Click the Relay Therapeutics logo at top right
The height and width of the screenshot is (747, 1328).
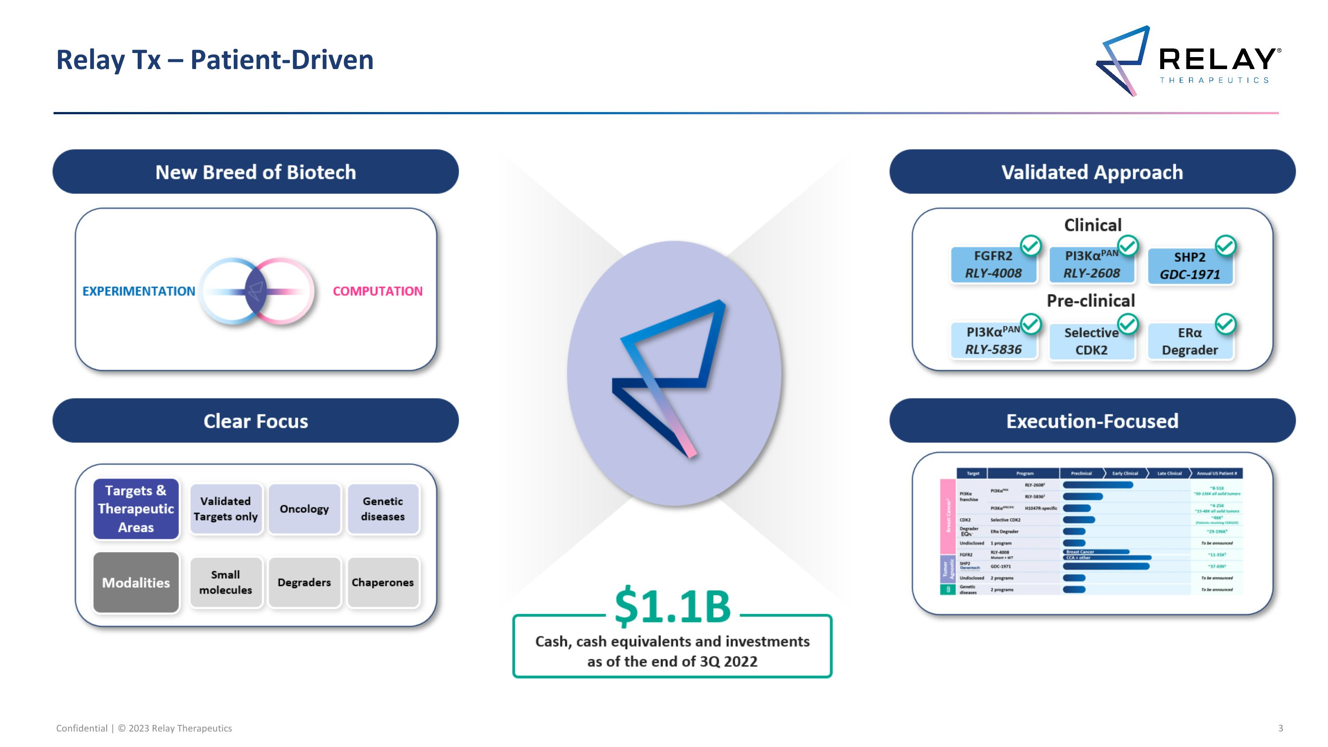[x=1188, y=61]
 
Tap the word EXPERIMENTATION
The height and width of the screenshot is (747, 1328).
[x=139, y=291]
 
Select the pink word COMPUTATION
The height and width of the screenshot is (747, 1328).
[x=377, y=291]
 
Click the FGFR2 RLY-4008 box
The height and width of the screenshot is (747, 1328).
[x=993, y=265]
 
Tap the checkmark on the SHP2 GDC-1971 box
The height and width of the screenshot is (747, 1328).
[x=1225, y=246]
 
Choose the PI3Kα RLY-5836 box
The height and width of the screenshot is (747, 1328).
[x=993, y=341]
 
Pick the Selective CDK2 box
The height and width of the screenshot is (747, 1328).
[x=1091, y=341]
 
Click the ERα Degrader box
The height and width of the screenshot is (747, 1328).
[x=1189, y=341]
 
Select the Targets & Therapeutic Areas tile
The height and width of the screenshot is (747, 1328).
[x=136, y=509]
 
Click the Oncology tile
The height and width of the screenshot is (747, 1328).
[x=304, y=509]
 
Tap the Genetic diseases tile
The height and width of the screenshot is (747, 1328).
[x=382, y=509]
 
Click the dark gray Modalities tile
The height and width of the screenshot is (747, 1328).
[x=136, y=583]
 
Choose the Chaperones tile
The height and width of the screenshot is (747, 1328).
[x=382, y=583]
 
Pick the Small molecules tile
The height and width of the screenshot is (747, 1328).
[x=225, y=583]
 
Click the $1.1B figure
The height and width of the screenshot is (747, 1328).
[x=672, y=607]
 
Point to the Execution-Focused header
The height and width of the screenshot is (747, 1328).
[x=1092, y=421]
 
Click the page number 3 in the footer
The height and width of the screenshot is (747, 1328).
[x=1281, y=728]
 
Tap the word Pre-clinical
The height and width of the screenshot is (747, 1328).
[x=1091, y=301]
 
